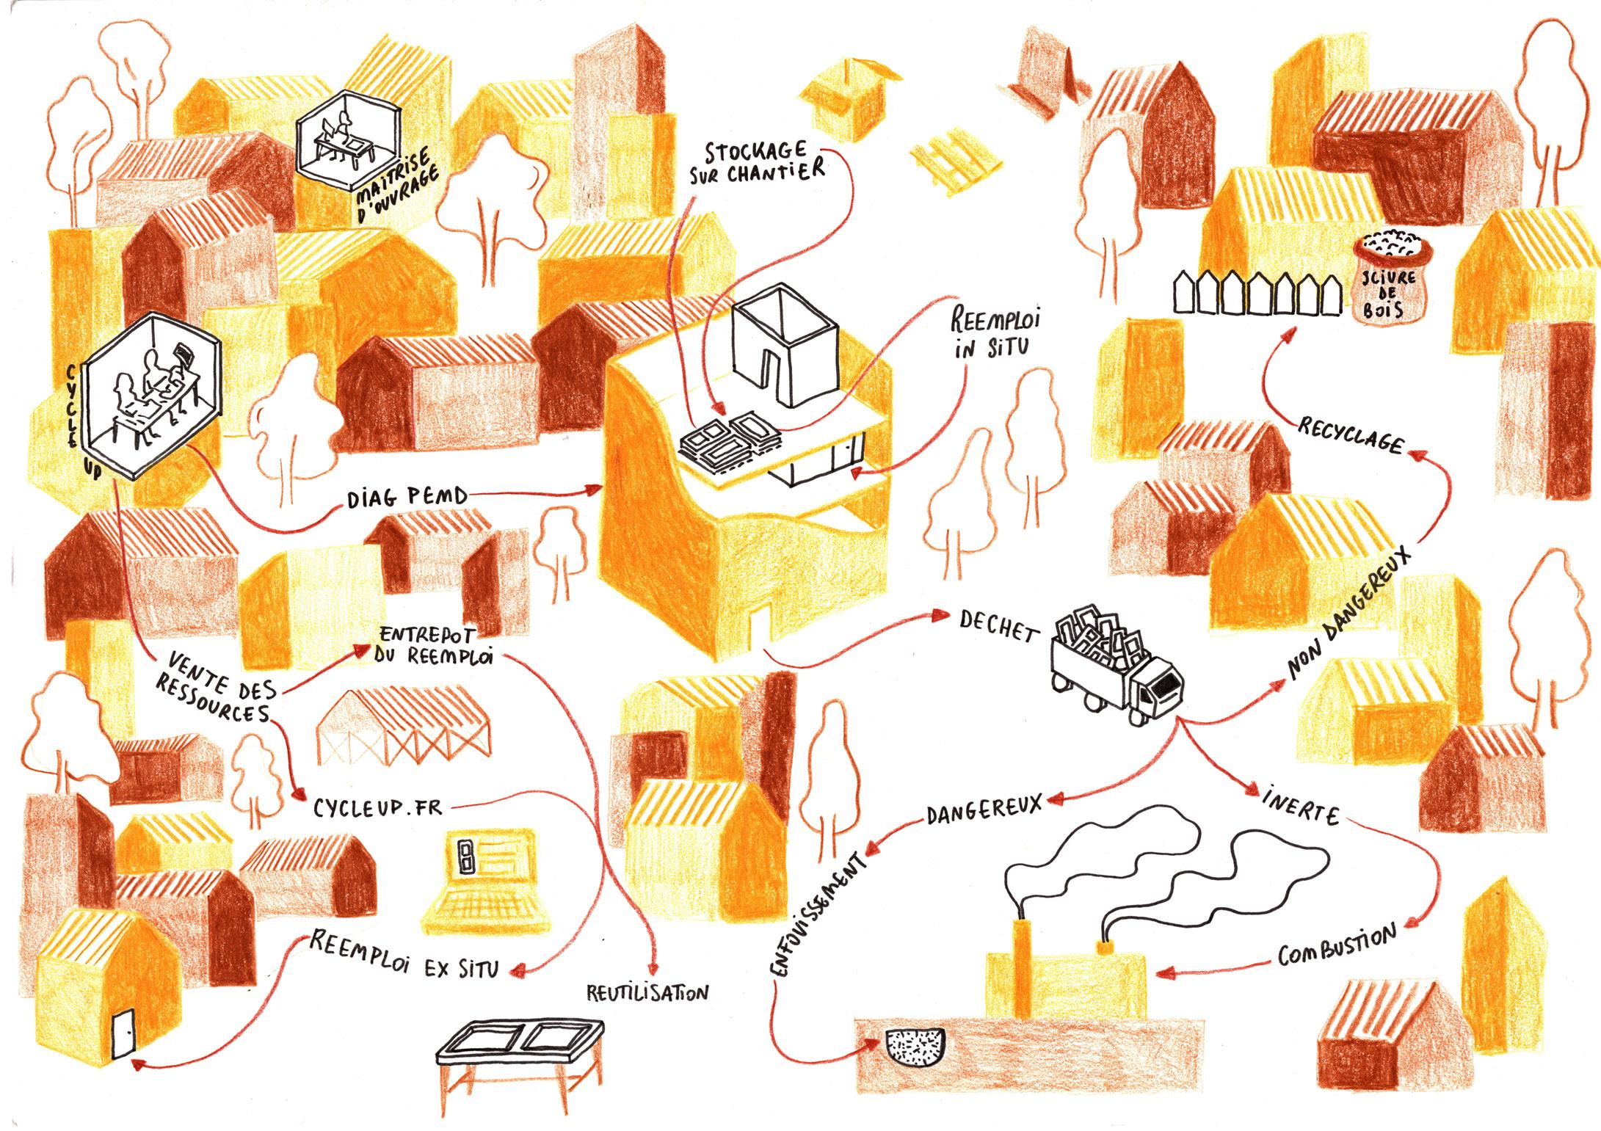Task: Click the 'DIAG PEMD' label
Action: pyautogui.click(x=407, y=498)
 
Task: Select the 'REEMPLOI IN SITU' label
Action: pyautogui.click(x=995, y=334)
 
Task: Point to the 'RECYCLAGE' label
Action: pyautogui.click(x=1351, y=434)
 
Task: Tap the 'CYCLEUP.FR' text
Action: pyautogui.click(x=378, y=807)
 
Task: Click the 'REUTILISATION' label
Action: pyautogui.click(x=647, y=993)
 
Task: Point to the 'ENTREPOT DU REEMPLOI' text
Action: pyautogui.click(x=433, y=645)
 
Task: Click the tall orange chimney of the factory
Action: pyautogui.click(x=1021, y=969)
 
